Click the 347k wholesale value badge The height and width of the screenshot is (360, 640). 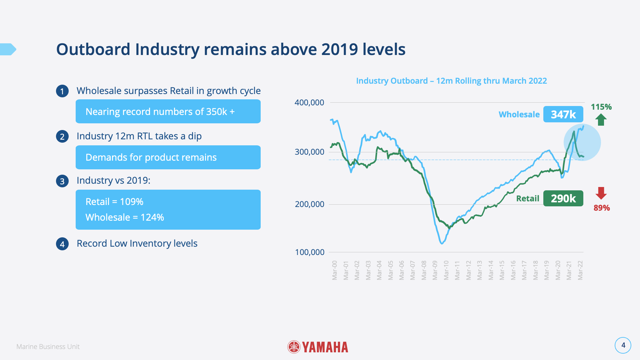[x=563, y=114]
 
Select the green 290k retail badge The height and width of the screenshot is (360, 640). [x=563, y=198]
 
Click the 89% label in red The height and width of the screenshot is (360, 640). [x=602, y=208]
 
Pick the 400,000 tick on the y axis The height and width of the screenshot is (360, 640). [x=309, y=103]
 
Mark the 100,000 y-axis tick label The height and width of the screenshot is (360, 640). [x=310, y=252]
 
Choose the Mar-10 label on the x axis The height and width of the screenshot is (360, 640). [x=446, y=270]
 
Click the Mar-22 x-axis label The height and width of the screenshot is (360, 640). [x=580, y=270]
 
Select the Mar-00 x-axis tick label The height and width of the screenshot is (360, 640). [x=335, y=270]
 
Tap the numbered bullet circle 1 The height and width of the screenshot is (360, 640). [x=62, y=91]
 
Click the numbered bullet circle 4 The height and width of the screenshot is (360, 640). [x=62, y=244]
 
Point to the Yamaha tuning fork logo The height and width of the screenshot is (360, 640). [x=294, y=347]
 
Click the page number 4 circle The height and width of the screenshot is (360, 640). [x=623, y=345]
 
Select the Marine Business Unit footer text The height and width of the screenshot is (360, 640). [x=48, y=347]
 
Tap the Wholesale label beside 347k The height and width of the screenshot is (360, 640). [x=519, y=115]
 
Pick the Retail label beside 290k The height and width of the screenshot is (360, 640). [x=527, y=199]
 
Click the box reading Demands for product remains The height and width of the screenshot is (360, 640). [x=168, y=157]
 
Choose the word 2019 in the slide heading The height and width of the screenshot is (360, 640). [x=340, y=49]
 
